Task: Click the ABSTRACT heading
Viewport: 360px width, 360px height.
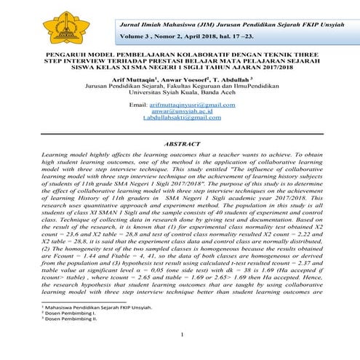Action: [x=182, y=164]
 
